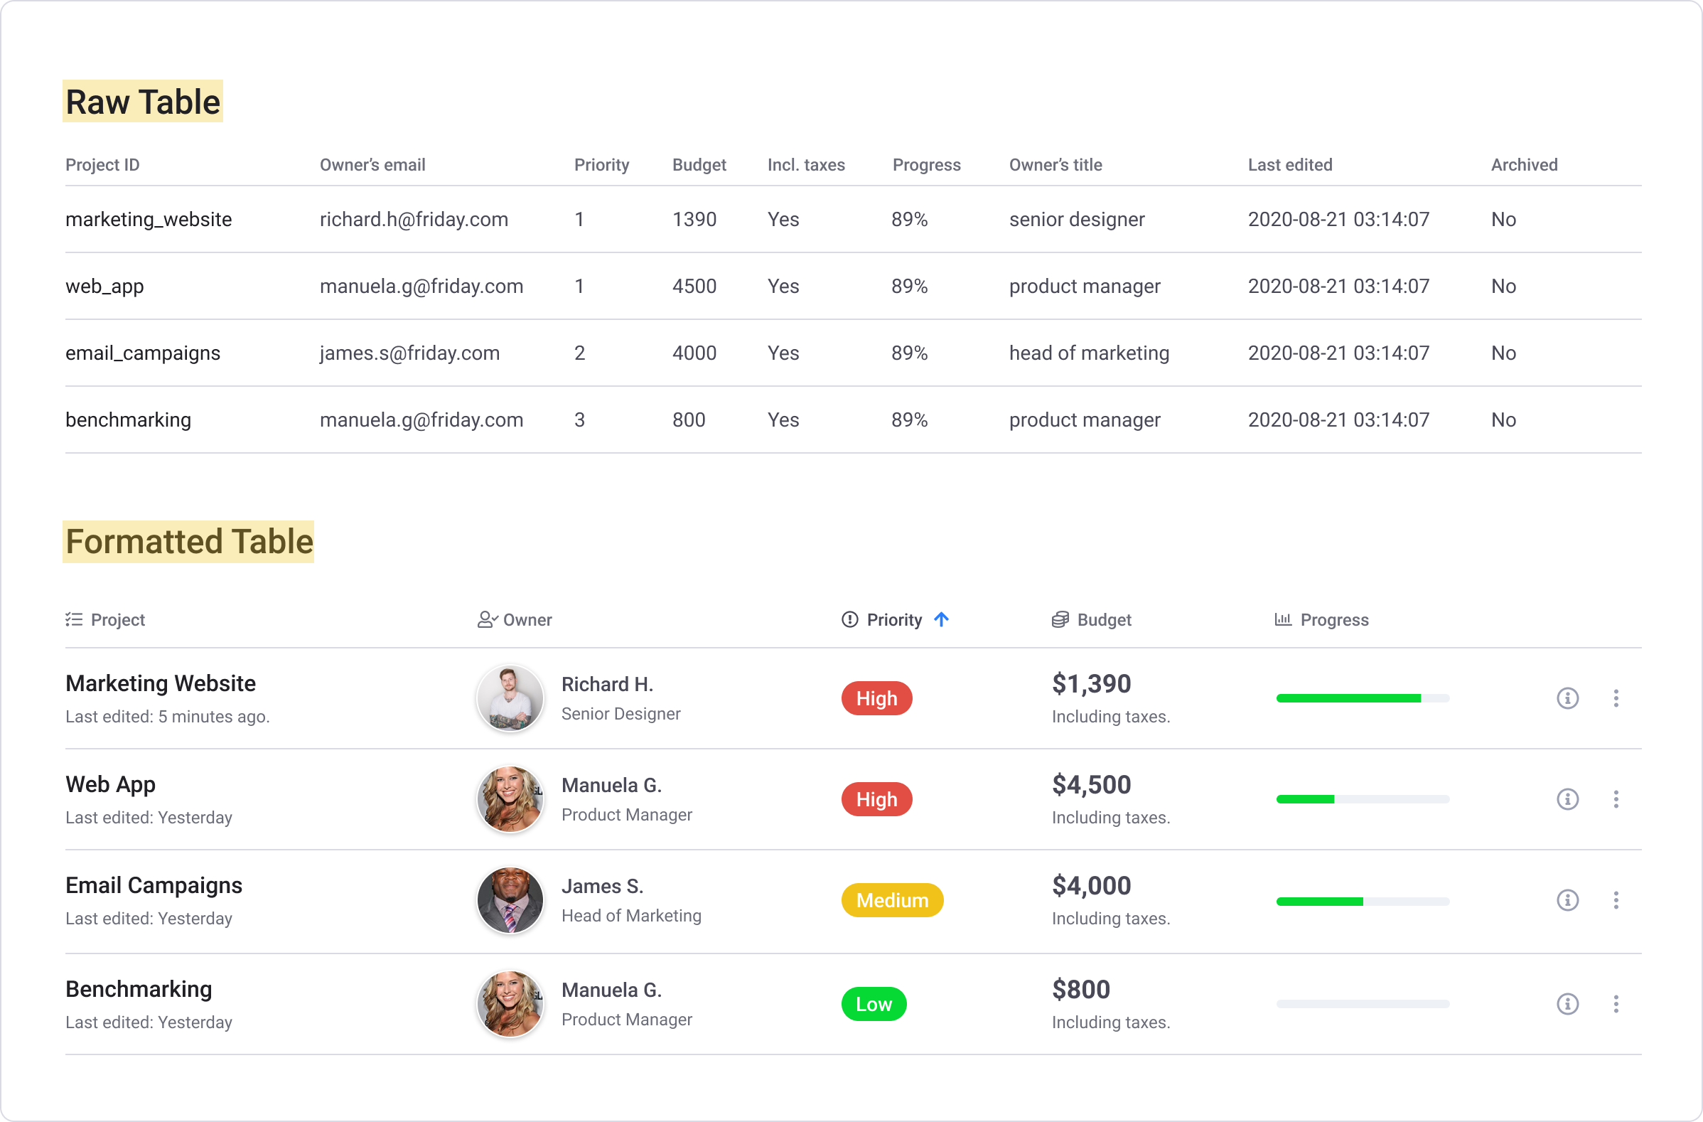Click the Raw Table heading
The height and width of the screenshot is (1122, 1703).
[x=143, y=102]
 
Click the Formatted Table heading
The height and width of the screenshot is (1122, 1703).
[x=190, y=542]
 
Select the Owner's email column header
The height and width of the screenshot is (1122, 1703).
[x=372, y=165]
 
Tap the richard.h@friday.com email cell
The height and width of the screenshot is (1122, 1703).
[x=414, y=219]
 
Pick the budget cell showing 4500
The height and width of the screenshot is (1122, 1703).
[x=694, y=286]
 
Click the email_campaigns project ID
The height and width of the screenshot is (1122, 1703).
[x=143, y=353]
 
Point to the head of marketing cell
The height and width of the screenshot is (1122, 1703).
[x=1089, y=353]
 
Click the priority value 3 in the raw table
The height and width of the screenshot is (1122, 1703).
[x=579, y=420]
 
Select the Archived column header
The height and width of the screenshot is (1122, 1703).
[x=1524, y=165]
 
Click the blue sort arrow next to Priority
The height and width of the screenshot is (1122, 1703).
[x=942, y=619]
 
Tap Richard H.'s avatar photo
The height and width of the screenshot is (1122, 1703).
[x=510, y=698]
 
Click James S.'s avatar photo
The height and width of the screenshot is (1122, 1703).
[x=510, y=900]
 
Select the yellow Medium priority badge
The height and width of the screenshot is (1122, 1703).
[x=892, y=900]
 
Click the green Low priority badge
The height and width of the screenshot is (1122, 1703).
[x=874, y=1004]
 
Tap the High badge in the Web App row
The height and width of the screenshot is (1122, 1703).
[x=876, y=799]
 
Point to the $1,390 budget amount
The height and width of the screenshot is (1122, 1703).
[x=1091, y=684]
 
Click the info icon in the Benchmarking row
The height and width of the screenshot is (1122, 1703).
[x=1568, y=1004]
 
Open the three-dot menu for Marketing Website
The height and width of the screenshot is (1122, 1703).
[x=1616, y=698]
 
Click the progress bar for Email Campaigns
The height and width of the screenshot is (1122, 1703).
[x=1363, y=902]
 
